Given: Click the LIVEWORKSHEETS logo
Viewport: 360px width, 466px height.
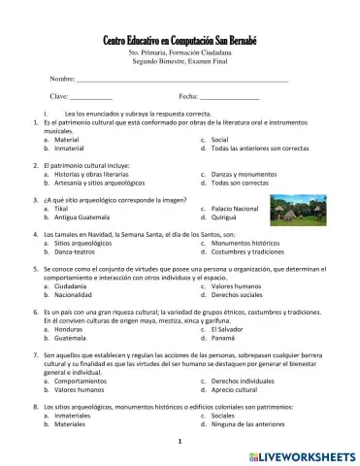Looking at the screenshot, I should [302, 454].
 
